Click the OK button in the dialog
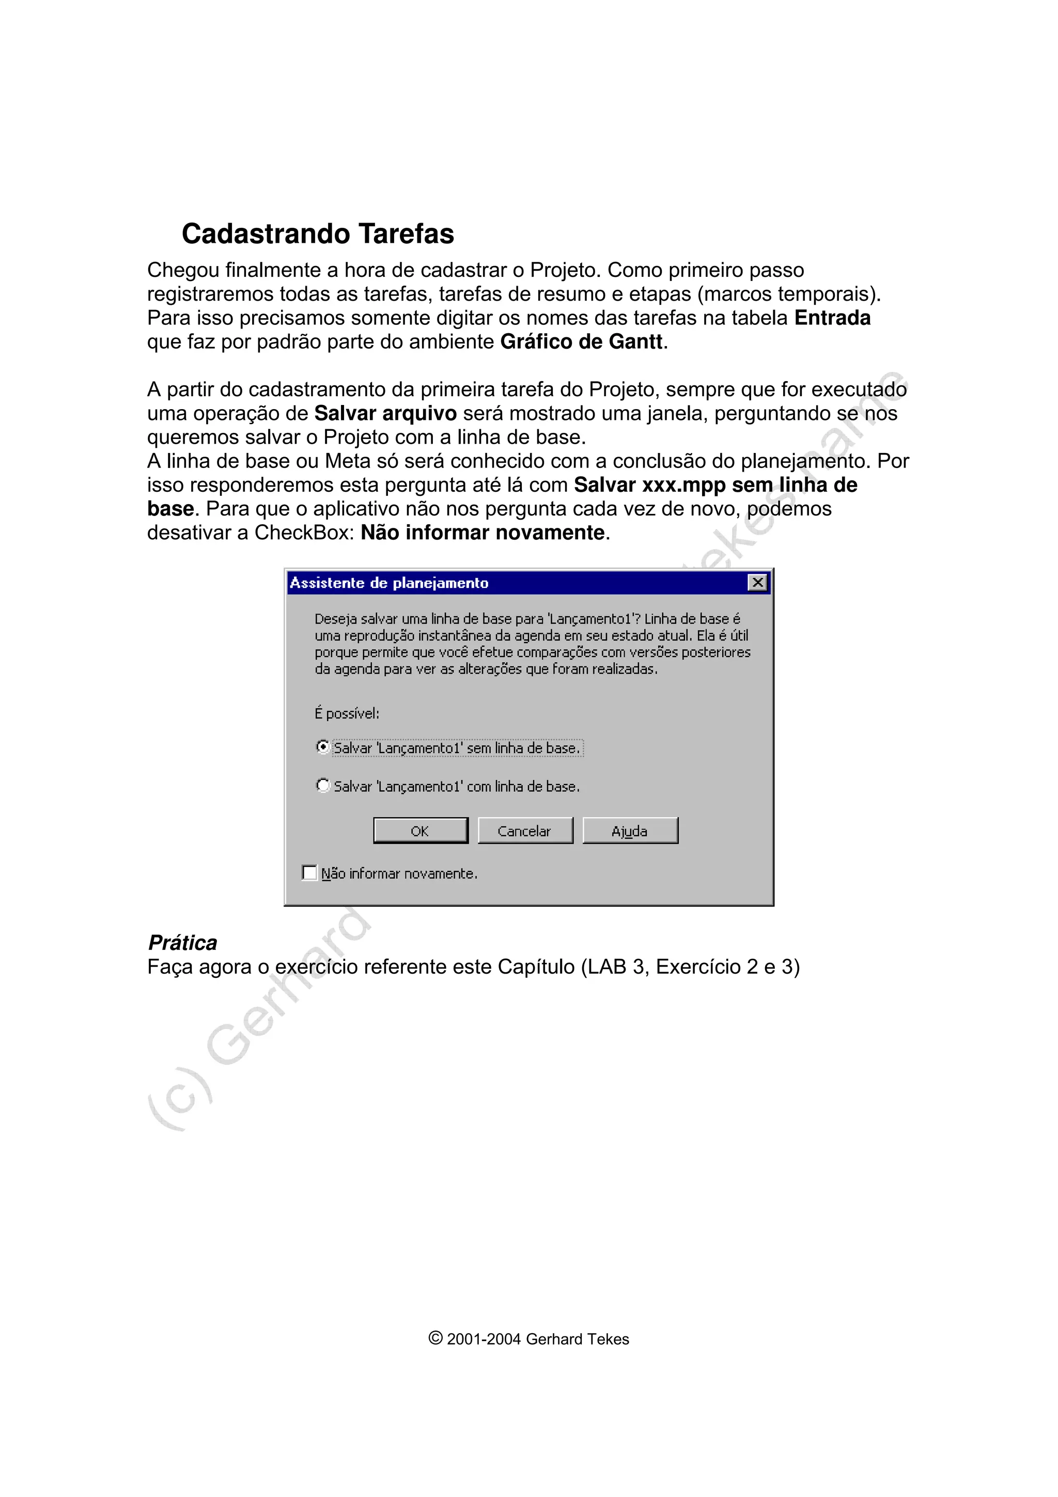[x=421, y=831]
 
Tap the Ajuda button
[x=630, y=831]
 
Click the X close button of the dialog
[x=757, y=582]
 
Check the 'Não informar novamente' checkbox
[x=309, y=872]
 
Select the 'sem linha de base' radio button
[x=323, y=747]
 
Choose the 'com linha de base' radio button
[x=323, y=786]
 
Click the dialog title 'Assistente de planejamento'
[x=389, y=583]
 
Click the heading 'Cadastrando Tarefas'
[x=318, y=233]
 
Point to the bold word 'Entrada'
[x=832, y=318]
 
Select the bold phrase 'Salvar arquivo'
[x=385, y=413]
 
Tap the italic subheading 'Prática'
[x=182, y=943]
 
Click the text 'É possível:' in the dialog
[x=347, y=713]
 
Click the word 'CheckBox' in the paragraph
[x=304, y=533]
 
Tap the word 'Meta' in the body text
[x=348, y=461]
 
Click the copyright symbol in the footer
[x=435, y=1338]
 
